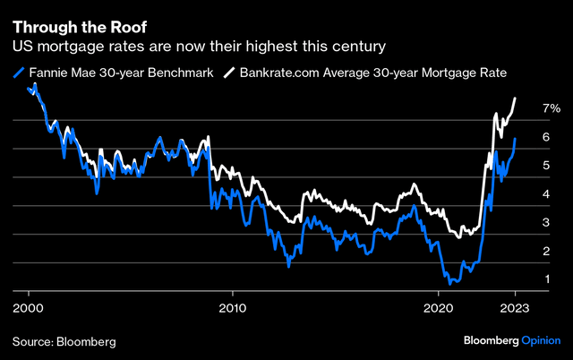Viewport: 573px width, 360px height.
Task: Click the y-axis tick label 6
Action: click(545, 137)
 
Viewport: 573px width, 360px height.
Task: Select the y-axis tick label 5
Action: click(545, 166)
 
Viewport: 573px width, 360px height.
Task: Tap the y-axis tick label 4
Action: click(545, 194)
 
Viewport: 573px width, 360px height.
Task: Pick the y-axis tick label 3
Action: click(545, 223)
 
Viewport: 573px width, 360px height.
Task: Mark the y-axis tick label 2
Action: click(545, 252)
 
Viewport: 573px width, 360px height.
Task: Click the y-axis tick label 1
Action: click(545, 280)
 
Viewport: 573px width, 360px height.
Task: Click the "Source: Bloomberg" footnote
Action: click(64, 341)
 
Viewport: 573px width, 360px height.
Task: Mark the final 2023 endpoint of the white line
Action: click(515, 98)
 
